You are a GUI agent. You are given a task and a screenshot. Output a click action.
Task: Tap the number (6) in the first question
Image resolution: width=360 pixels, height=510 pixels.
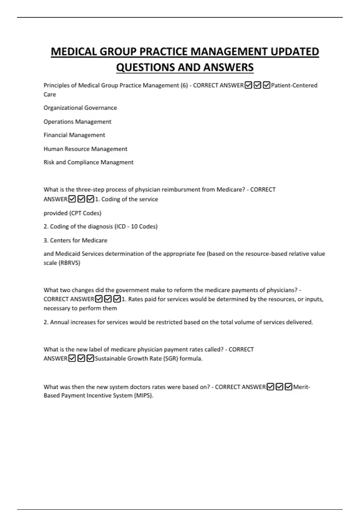[x=184, y=85]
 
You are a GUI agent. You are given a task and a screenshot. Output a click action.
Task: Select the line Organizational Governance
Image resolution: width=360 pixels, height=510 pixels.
[x=80, y=108]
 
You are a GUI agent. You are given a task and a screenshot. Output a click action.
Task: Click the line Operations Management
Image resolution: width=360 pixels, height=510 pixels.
[x=77, y=121]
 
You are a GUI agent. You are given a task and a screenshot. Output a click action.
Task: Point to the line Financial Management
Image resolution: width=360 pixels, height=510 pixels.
[x=74, y=135]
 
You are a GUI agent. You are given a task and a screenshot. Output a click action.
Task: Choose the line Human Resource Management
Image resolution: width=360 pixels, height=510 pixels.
[x=85, y=149]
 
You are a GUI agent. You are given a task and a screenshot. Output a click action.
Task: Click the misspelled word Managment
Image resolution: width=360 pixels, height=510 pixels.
[x=117, y=162]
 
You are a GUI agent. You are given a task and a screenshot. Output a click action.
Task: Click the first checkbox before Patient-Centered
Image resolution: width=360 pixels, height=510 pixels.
[x=248, y=85]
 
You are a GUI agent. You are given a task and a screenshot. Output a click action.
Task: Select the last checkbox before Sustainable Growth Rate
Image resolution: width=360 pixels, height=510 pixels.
[x=90, y=358]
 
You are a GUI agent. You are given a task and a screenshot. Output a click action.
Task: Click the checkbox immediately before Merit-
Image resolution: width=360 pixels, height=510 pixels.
[x=288, y=387]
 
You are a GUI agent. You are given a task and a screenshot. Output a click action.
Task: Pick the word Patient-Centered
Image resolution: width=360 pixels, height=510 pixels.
[x=294, y=85]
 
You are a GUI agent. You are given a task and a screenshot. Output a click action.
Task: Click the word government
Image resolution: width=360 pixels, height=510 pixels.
[x=132, y=290]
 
